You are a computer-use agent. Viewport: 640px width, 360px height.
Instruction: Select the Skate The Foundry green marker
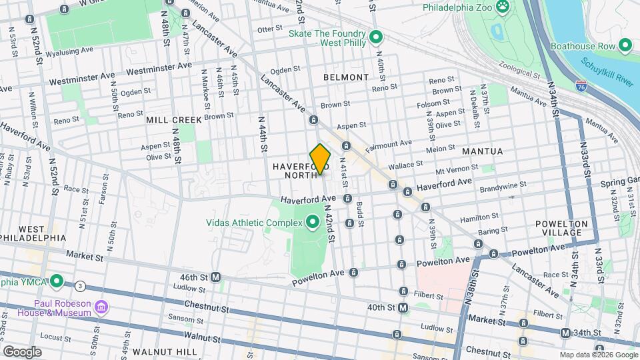(376, 37)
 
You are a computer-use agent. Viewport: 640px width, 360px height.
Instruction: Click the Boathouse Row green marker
(625, 45)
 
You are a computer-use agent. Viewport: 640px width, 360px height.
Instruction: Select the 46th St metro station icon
(216, 277)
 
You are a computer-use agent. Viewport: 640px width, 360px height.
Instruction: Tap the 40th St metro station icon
(403, 307)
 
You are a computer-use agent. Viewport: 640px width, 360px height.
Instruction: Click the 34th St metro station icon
(565, 333)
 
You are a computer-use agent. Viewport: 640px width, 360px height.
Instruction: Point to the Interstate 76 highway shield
(580, 85)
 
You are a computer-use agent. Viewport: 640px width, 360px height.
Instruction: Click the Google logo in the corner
(22, 351)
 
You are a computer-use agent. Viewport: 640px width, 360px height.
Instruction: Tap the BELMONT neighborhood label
(345, 77)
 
